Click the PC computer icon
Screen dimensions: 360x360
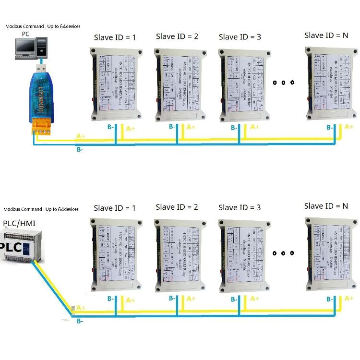coord(28,48)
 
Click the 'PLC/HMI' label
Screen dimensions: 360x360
coord(19,224)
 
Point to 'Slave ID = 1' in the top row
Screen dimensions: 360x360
coord(114,37)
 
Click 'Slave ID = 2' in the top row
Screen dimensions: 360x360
coord(177,36)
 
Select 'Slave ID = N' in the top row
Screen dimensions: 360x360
coord(326,35)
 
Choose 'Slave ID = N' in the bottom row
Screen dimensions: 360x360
coord(326,206)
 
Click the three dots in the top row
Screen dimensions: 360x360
coord(283,83)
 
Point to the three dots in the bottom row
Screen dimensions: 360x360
coord(283,253)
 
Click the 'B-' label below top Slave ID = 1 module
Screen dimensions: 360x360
coord(110,127)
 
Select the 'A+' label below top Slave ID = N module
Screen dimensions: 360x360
coord(349,127)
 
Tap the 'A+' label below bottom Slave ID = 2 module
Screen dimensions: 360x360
coord(191,298)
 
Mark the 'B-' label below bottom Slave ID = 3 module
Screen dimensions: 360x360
coord(234,299)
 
